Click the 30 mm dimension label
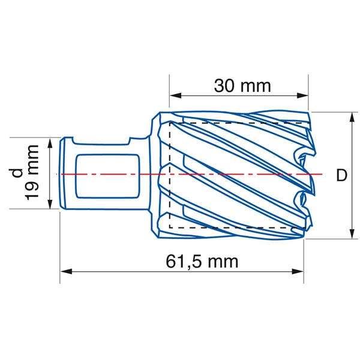[242, 86]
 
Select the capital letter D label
[341, 175]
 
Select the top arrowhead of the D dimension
[351, 117]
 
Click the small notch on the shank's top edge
[129, 142]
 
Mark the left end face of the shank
[62, 174]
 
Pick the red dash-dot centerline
[240, 174]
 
